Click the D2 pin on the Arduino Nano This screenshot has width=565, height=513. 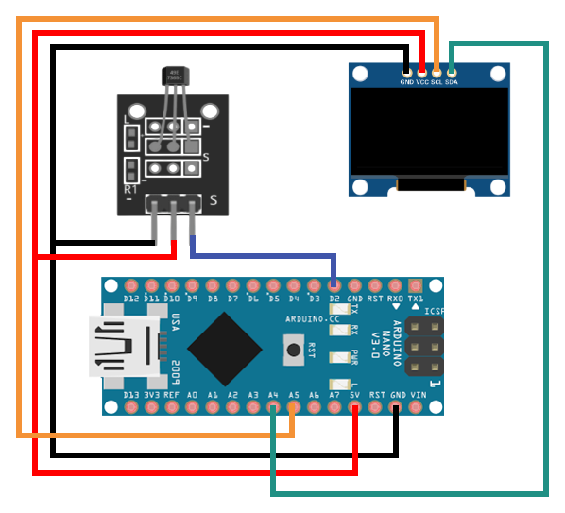[334, 285]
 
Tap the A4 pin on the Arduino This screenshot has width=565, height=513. [273, 408]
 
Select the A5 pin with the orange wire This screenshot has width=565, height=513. [293, 408]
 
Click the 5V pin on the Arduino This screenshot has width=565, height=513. [355, 408]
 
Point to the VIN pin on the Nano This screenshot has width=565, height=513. [416, 408]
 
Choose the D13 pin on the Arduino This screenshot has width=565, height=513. [129, 408]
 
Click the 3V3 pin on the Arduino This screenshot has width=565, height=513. [150, 408]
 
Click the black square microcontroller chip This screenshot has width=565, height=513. [225, 347]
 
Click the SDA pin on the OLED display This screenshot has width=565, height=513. [452, 72]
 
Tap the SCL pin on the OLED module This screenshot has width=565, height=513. [437, 72]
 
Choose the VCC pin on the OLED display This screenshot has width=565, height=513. [421, 72]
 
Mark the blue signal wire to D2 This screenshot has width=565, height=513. [265, 255]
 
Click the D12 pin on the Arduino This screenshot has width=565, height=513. [129, 285]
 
